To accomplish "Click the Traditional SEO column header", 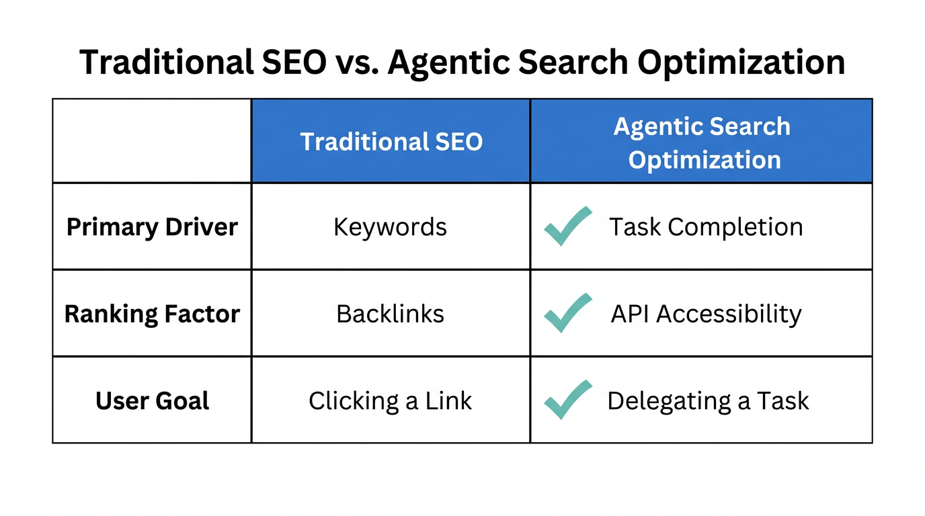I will pyautogui.click(x=391, y=142).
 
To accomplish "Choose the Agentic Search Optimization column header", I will pyautogui.click(x=701, y=142).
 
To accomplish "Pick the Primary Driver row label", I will pyautogui.click(x=152, y=227).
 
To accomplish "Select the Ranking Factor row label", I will pyautogui.click(x=152, y=314).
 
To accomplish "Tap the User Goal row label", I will pyautogui.click(x=152, y=401).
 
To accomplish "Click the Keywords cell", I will pyautogui.click(x=391, y=227).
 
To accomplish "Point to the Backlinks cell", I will pyautogui.click(x=391, y=314).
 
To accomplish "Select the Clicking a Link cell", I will pyautogui.click(x=391, y=401).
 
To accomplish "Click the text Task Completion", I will pyautogui.click(x=706, y=227).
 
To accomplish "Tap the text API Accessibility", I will pyautogui.click(x=706, y=314).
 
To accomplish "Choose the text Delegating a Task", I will pyautogui.click(x=708, y=401).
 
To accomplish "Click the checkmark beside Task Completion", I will pyautogui.click(x=567, y=226).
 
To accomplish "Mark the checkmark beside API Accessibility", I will pyautogui.click(x=567, y=312).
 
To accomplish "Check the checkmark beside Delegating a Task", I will pyautogui.click(x=567, y=399).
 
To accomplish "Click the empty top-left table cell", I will pyautogui.click(x=152, y=141).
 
